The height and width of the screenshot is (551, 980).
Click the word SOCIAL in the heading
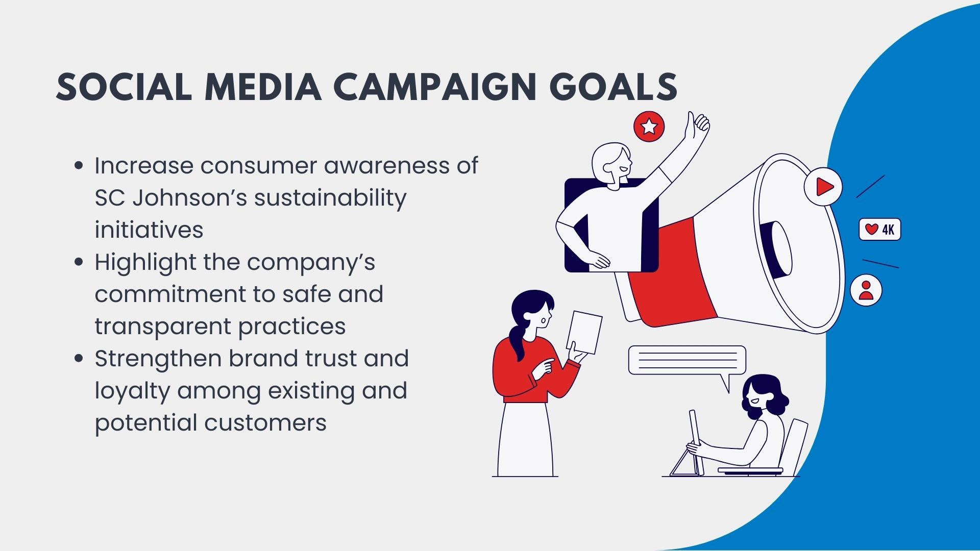(124, 87)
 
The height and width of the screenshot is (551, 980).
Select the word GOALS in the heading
(614, 87)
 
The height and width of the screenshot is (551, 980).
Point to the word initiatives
(149, 230)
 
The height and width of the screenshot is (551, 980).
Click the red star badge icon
(649, 126)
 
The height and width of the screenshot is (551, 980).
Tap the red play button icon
(823, 186)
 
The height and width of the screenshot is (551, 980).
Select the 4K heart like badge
(880, 230)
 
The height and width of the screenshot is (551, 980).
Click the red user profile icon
(866, 290)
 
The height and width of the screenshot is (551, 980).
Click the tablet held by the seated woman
(696, 442)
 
